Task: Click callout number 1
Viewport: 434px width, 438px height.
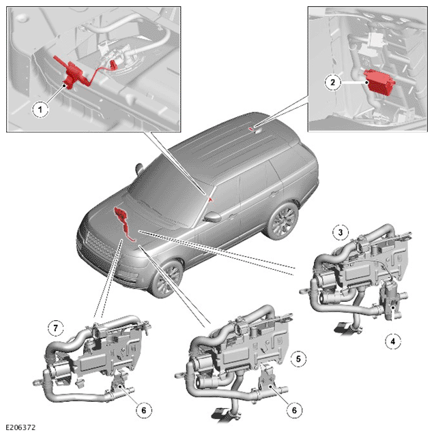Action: click(x=40, y=109)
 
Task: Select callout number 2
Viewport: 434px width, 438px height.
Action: click(x=332, y=82)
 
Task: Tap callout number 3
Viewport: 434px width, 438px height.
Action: click(x=341, y=232)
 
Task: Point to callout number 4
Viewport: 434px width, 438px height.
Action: click(x=393, y=341)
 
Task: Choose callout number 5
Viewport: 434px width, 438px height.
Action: click(x=298, y=359)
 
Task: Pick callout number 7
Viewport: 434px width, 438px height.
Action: click(x=55, y=328)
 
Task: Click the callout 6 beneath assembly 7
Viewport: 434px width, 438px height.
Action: click(x=143, y=410)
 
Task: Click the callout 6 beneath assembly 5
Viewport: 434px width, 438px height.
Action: click(x=294, y=410)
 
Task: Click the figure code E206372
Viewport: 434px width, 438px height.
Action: click(x=20, y=428)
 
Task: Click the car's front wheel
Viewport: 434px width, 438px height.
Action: click(x=167, y=279)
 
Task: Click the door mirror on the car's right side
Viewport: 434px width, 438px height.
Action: click(x=213, y=217)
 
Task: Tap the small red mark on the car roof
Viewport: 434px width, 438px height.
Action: click(x=251, y=129)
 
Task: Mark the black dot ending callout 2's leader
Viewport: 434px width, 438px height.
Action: click(x=366, y=82)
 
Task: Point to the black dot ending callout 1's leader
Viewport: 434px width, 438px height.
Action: click(x=64, y=86)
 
